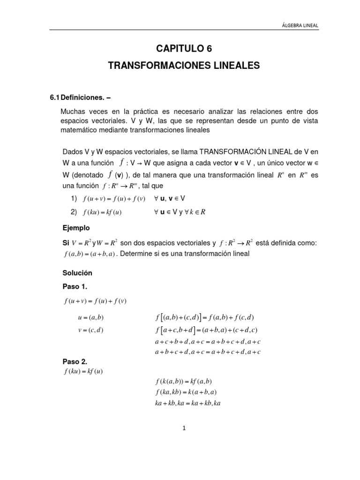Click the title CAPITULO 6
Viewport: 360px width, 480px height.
[183, 48]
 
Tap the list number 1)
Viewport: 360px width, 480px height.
[74, 198]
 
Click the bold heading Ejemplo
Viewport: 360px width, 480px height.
[76, 228]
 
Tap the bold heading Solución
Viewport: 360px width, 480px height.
[77, 273]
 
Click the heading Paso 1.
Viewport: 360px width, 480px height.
[75, 286]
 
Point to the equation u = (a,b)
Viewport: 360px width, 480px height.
[90, 317]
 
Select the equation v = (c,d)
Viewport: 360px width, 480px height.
[90, 330]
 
